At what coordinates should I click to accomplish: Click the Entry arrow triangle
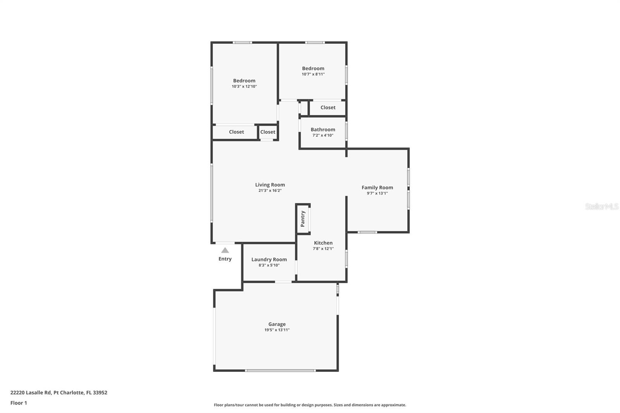[225, 250]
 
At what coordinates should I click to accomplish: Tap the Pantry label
[303, 219]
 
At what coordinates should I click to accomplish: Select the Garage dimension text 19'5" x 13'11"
[277, 330]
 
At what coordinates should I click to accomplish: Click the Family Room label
[377, 188]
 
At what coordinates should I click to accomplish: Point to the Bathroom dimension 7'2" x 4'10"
[323, 135]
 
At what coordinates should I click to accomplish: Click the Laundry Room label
[269, 260]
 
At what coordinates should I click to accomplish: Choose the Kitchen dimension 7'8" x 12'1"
[323, 249]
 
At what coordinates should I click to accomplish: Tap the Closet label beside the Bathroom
[328, 108]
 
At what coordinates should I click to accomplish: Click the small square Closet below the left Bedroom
[268, 132]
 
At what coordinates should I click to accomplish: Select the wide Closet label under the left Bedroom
[236, 132]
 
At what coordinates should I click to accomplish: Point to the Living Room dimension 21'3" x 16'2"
[270, 191]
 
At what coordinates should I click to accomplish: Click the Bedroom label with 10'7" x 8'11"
[313, 69]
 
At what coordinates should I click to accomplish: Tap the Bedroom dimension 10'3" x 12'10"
[244, 86]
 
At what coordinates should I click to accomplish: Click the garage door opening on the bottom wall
[280, 371]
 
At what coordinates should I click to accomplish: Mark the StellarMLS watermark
[601, 206]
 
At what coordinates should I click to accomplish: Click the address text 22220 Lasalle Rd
[59, 392]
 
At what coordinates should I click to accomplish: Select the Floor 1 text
[19, 403]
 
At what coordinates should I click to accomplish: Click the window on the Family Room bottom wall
[367, 232]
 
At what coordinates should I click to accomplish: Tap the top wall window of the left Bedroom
[242, 43]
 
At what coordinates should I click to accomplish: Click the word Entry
[225, 259]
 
